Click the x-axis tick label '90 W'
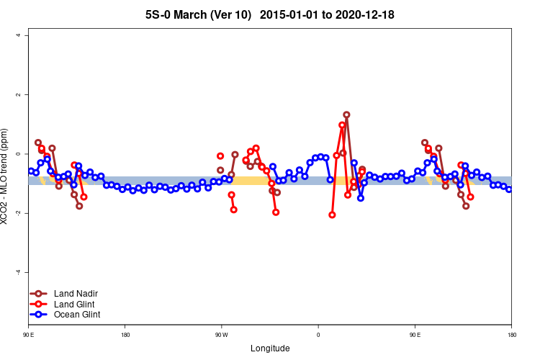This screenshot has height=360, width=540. pyautogui.click(x=221, y=335)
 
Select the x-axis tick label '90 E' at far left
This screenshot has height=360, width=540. pyautogui.click(x=29, y=335)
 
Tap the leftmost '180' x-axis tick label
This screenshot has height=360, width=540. pyautogui.click(x=125, y=335)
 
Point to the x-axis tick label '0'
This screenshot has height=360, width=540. pyautogui.click(x=318, y=335)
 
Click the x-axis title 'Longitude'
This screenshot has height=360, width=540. pyautogui.click(x=270, y=348)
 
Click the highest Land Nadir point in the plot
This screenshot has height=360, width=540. pyautogui.click(x=346, y=114)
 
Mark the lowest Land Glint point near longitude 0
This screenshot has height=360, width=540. pyautogui.click(x=332, y=215)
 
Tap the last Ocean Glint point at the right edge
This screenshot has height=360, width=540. pyautogui.click(x=509, y=189)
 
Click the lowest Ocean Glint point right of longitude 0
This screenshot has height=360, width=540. pyautogui.click(x=361, y=198)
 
